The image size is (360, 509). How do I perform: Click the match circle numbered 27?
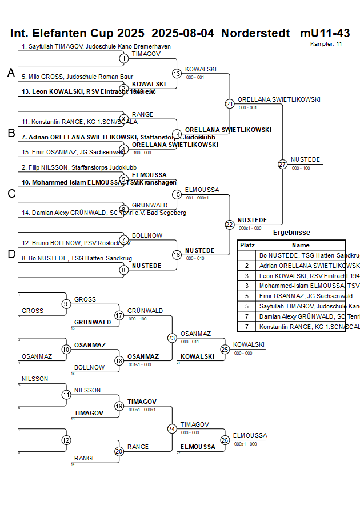tap(282, 165)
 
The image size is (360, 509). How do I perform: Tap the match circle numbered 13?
tap(177, 74)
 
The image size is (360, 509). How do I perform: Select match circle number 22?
tap(229, 225)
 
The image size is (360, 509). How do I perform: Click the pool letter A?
tap(10, 73)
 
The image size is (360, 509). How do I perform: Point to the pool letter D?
tap(11, 254)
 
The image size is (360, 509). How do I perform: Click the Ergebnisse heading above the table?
tap(291, 233)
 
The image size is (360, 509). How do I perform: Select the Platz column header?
tap(247, 245)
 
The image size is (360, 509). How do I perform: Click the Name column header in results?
tap(301, 245)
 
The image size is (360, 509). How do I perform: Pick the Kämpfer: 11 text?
tap(326, 43)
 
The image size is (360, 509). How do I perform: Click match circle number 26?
tap(225, 440)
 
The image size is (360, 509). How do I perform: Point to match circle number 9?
tap(66, 304)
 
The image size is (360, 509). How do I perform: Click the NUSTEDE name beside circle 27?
tap(305, 159)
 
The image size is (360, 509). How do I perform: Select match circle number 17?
tap(119, 315)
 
